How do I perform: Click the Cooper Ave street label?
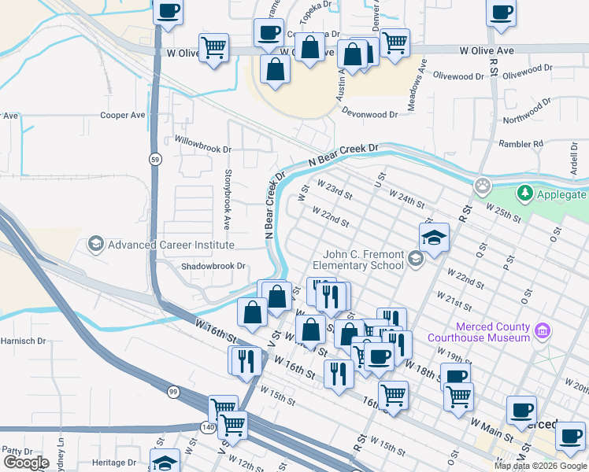pos(123,115)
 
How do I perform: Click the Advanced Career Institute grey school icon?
pos(96,245)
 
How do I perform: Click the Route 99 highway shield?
pos(172,391)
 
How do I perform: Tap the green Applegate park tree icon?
pos(524,194)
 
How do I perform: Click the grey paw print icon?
pos(482,186)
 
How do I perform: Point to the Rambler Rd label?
pos(521,144)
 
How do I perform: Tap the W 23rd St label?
pos(334,190)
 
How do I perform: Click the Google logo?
pos(26,463)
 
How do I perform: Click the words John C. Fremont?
pos(364,255)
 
